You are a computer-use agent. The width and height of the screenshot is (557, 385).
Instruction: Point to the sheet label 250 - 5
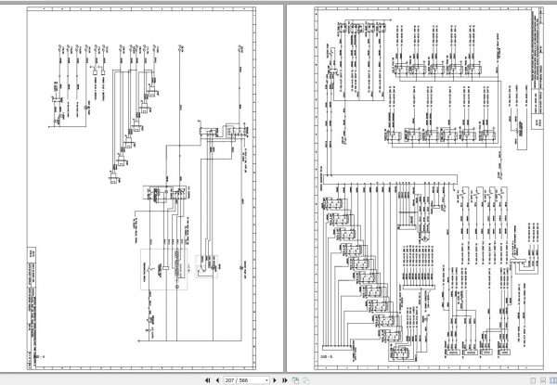point(326,353)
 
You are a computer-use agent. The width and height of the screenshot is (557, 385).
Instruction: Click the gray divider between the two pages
point(278,186)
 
